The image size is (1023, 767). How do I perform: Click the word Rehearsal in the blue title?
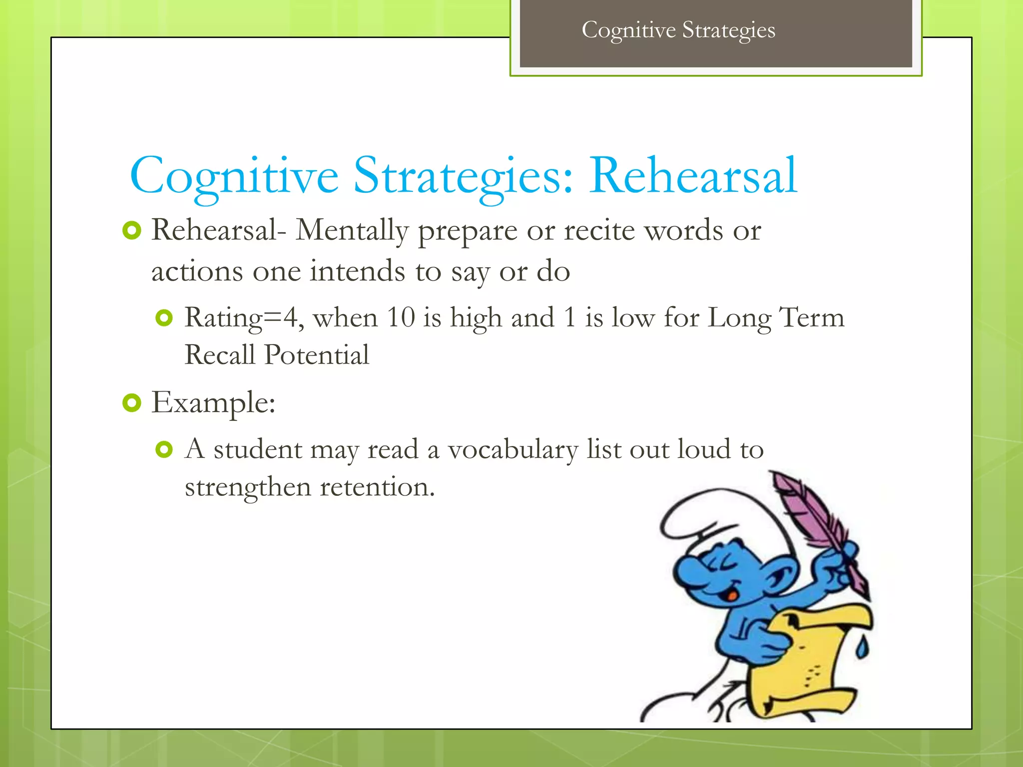[x=693, y=176]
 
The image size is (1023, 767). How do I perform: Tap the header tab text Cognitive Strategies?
[x=678, y=30]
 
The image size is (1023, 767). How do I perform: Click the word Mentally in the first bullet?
[x=352, y=231]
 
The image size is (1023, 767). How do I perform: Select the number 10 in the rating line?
[x=401, y=318]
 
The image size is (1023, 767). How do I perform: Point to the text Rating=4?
[x=243, y=318]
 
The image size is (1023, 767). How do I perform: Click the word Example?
[x=213, y=403]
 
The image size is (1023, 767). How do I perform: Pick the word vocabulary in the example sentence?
[x=512, y=449]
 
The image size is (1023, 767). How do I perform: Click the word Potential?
[x=317, y=355]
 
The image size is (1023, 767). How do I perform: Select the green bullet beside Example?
[x=132, y=402]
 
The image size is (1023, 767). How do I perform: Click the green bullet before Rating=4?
[x=164, y=318]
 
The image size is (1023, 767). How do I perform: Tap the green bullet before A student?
[x=164, y=449]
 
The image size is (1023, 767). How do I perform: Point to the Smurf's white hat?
[x=719, y=519]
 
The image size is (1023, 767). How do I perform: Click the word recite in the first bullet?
[x=599, y=231]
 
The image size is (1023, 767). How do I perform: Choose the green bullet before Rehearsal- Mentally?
[x=132, y=231]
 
